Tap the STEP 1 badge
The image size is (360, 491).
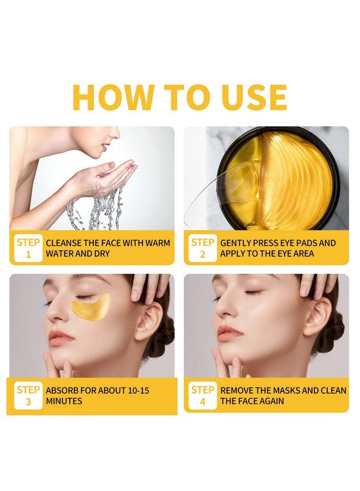(x=27, y=248)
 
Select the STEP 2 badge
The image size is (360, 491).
(x=202, y=248)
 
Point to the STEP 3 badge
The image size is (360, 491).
(x=27, y=396)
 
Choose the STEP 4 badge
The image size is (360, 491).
(x=202, y=396)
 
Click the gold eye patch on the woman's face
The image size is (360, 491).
(x=91, y=307)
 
